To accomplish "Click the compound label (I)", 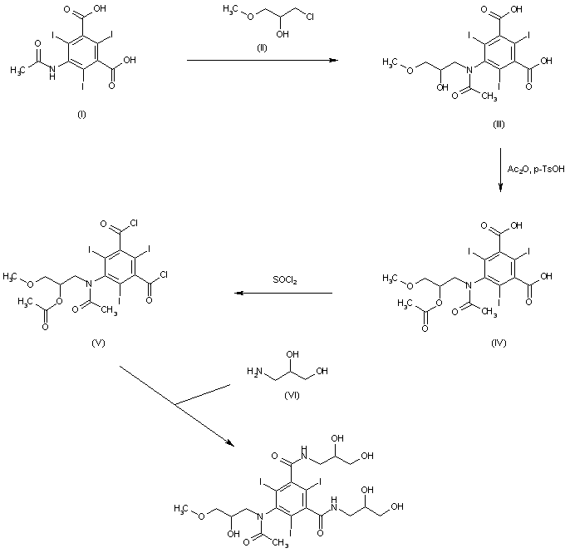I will (x=81, y=113).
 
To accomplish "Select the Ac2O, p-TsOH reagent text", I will (x=532, y=170).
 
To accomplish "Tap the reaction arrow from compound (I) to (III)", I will (x=258, y=61).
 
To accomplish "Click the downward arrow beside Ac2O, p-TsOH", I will (x=500, y=170).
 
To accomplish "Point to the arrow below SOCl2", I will (x=282, y=293).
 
